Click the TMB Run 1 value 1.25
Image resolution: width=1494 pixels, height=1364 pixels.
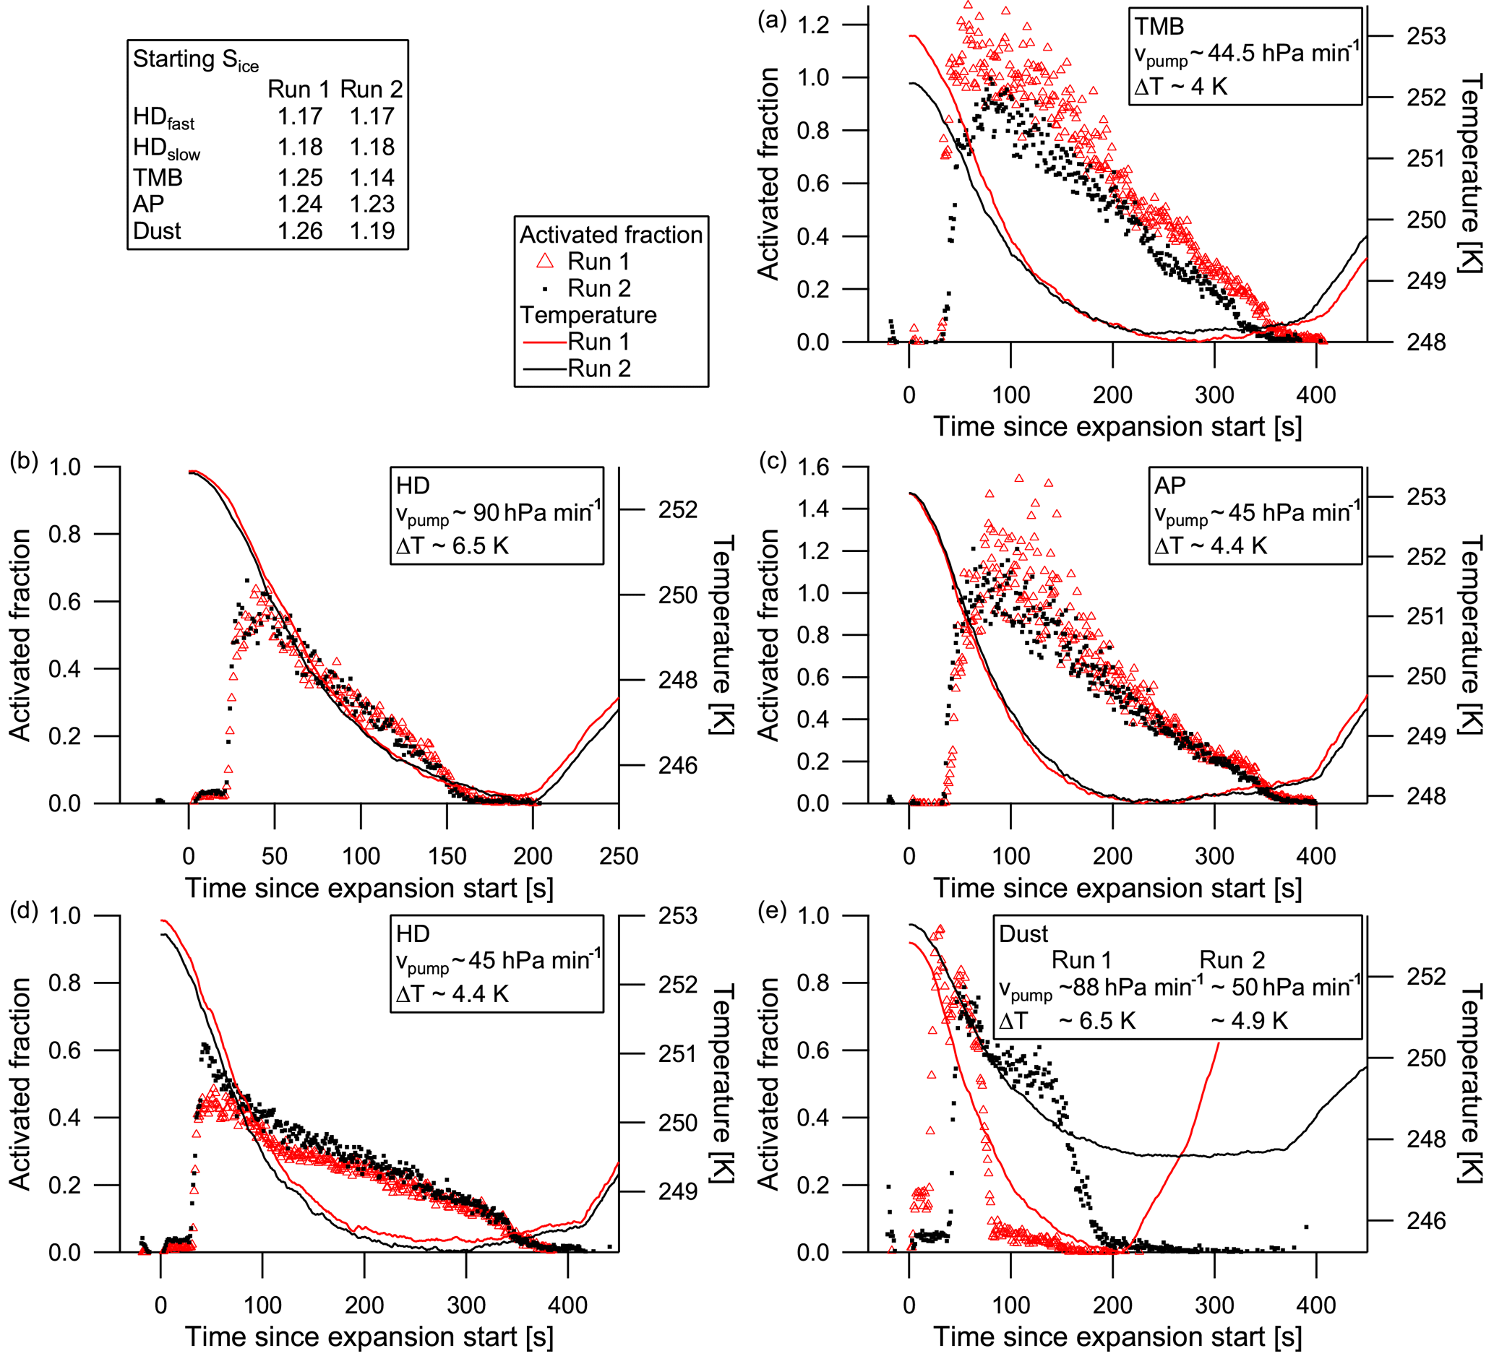click(299, 178)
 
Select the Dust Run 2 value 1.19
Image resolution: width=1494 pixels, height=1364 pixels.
click(372, 231)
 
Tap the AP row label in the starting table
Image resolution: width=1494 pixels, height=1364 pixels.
click(148, 204)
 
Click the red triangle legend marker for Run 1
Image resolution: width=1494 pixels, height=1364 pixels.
click(546, 261)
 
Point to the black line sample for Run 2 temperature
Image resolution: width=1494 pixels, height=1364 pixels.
click(545, 368)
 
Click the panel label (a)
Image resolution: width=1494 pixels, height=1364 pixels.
click(771, 20)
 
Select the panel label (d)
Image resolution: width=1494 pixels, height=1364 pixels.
click(24, 910)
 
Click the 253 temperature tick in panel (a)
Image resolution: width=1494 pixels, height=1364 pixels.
click(1426, 36)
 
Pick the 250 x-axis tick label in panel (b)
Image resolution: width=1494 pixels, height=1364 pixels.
click(618, 857)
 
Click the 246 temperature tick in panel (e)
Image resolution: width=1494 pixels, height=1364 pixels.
click(1426, 1220)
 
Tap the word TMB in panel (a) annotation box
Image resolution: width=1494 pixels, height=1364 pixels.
click(1159, 27)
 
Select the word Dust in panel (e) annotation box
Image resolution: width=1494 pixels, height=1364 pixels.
click(1023, 933)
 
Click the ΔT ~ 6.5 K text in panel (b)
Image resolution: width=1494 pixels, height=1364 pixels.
click(452, 546)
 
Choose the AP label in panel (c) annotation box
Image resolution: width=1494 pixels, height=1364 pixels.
click(1169, 485)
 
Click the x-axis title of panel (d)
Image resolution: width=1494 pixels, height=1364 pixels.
click(369, 1337)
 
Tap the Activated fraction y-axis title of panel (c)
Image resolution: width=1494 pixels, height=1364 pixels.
click(768, 635)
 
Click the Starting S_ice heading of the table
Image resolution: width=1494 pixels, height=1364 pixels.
click(196, 60)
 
